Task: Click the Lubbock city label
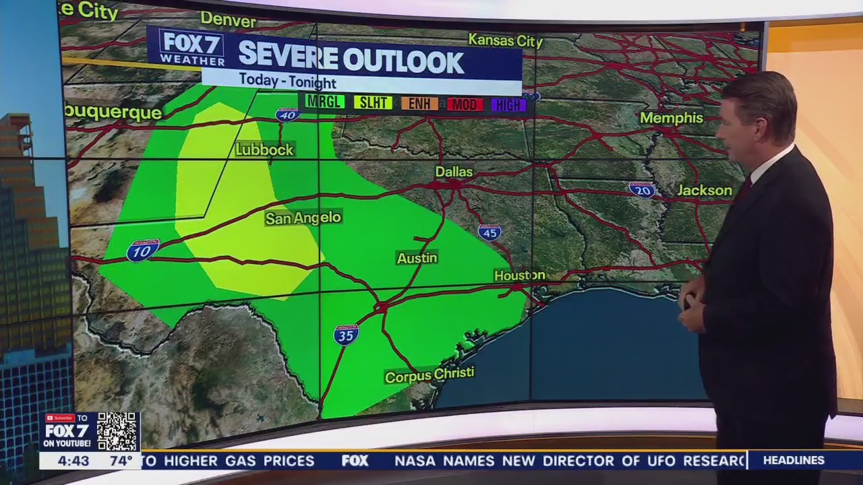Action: point(264,150)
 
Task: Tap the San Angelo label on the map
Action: point(303,218)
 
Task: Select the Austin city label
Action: point(417,258)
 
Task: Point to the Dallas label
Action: point(453,172)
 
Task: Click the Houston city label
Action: point(519,276)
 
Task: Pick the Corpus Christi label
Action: point(429,375)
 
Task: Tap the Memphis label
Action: point(671,118)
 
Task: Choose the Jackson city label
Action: point(704,191)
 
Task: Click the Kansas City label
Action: point(505,40)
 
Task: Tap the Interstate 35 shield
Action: point(346,334)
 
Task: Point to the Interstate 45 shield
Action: point(489,232)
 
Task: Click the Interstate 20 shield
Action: point(641,190)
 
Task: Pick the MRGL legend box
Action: point(324,102)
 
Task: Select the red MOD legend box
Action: point(465,104)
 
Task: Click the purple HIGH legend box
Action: point(508,104)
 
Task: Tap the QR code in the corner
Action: point(117,431)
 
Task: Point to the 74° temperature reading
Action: point(121,461)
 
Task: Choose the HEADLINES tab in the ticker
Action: point(794,461)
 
